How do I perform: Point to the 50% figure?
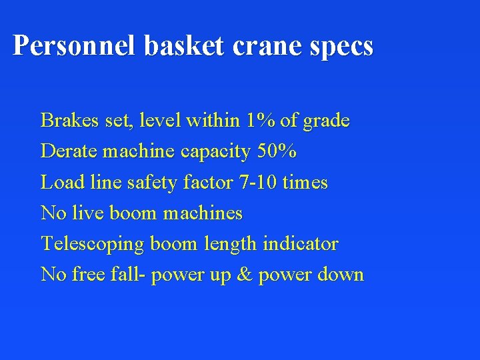277,151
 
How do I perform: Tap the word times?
305,182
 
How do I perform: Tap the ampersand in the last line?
244,275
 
